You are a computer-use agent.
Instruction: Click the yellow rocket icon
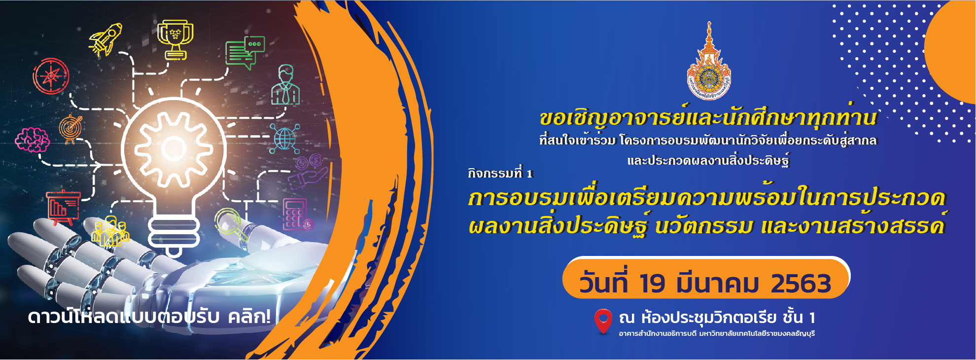point(105,39)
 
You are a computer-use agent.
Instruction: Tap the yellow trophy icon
point(175,39)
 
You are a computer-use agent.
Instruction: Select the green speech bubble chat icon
point(245,52)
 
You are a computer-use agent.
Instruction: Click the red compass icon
point(51,76)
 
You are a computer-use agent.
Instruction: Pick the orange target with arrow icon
point(70,129)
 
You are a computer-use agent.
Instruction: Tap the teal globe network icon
point(285,139)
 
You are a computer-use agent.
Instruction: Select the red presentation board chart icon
point(63,208)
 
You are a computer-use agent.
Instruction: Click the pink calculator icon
point(297,215)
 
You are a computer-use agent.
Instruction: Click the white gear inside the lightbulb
point(173,148)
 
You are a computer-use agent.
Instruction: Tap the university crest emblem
point(709,61)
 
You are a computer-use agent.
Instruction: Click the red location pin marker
point(603,322)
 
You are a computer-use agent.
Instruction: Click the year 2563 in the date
point(801,284)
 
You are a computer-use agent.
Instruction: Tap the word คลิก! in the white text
point(249,317)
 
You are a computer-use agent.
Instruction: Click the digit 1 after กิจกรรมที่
point(530,174)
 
